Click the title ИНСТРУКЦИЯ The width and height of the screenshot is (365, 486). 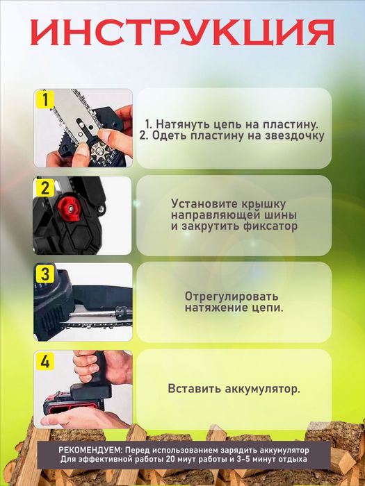(x=183, y=32)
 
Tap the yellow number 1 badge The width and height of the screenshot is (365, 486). (x=44, y=99)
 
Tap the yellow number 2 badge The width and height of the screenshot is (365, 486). (x=44, y=187)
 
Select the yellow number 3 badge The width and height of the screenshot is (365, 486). (x=44, y=274)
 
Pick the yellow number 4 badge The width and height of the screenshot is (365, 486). (x=44, y=361)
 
